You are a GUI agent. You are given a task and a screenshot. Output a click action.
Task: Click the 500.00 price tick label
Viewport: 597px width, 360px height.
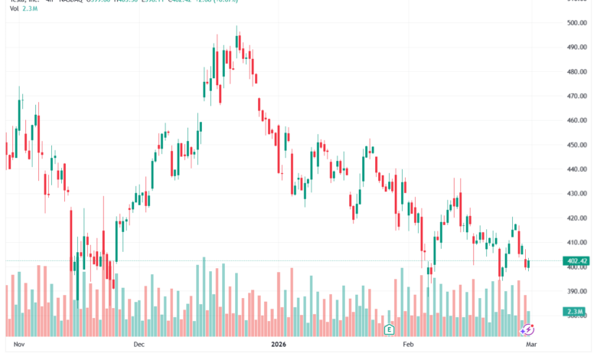578,23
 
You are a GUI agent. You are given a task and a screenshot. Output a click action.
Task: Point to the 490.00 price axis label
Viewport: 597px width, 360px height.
578,47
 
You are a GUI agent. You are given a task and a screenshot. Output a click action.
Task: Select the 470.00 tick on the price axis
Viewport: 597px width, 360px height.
578,97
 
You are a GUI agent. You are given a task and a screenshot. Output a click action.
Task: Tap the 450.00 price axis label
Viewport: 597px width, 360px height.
578,145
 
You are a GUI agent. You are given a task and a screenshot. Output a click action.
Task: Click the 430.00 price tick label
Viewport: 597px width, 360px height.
578,194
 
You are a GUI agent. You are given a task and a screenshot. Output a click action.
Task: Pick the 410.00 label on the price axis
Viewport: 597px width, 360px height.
578,242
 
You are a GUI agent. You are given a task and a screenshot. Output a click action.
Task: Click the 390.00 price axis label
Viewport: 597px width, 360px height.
578,291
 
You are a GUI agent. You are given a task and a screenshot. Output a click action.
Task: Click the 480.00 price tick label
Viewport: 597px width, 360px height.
578,72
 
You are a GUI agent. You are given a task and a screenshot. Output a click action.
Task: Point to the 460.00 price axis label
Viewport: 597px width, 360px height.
578,120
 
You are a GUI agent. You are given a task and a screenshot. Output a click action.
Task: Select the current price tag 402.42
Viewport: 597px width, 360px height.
578,261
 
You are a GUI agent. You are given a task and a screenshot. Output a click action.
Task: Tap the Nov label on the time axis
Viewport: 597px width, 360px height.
21,345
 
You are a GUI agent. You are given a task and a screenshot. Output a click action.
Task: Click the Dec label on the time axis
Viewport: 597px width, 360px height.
139,345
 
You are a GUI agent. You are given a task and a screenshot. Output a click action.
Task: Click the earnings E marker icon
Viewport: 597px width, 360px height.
389,329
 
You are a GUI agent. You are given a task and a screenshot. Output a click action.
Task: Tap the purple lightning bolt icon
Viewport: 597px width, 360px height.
527,329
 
